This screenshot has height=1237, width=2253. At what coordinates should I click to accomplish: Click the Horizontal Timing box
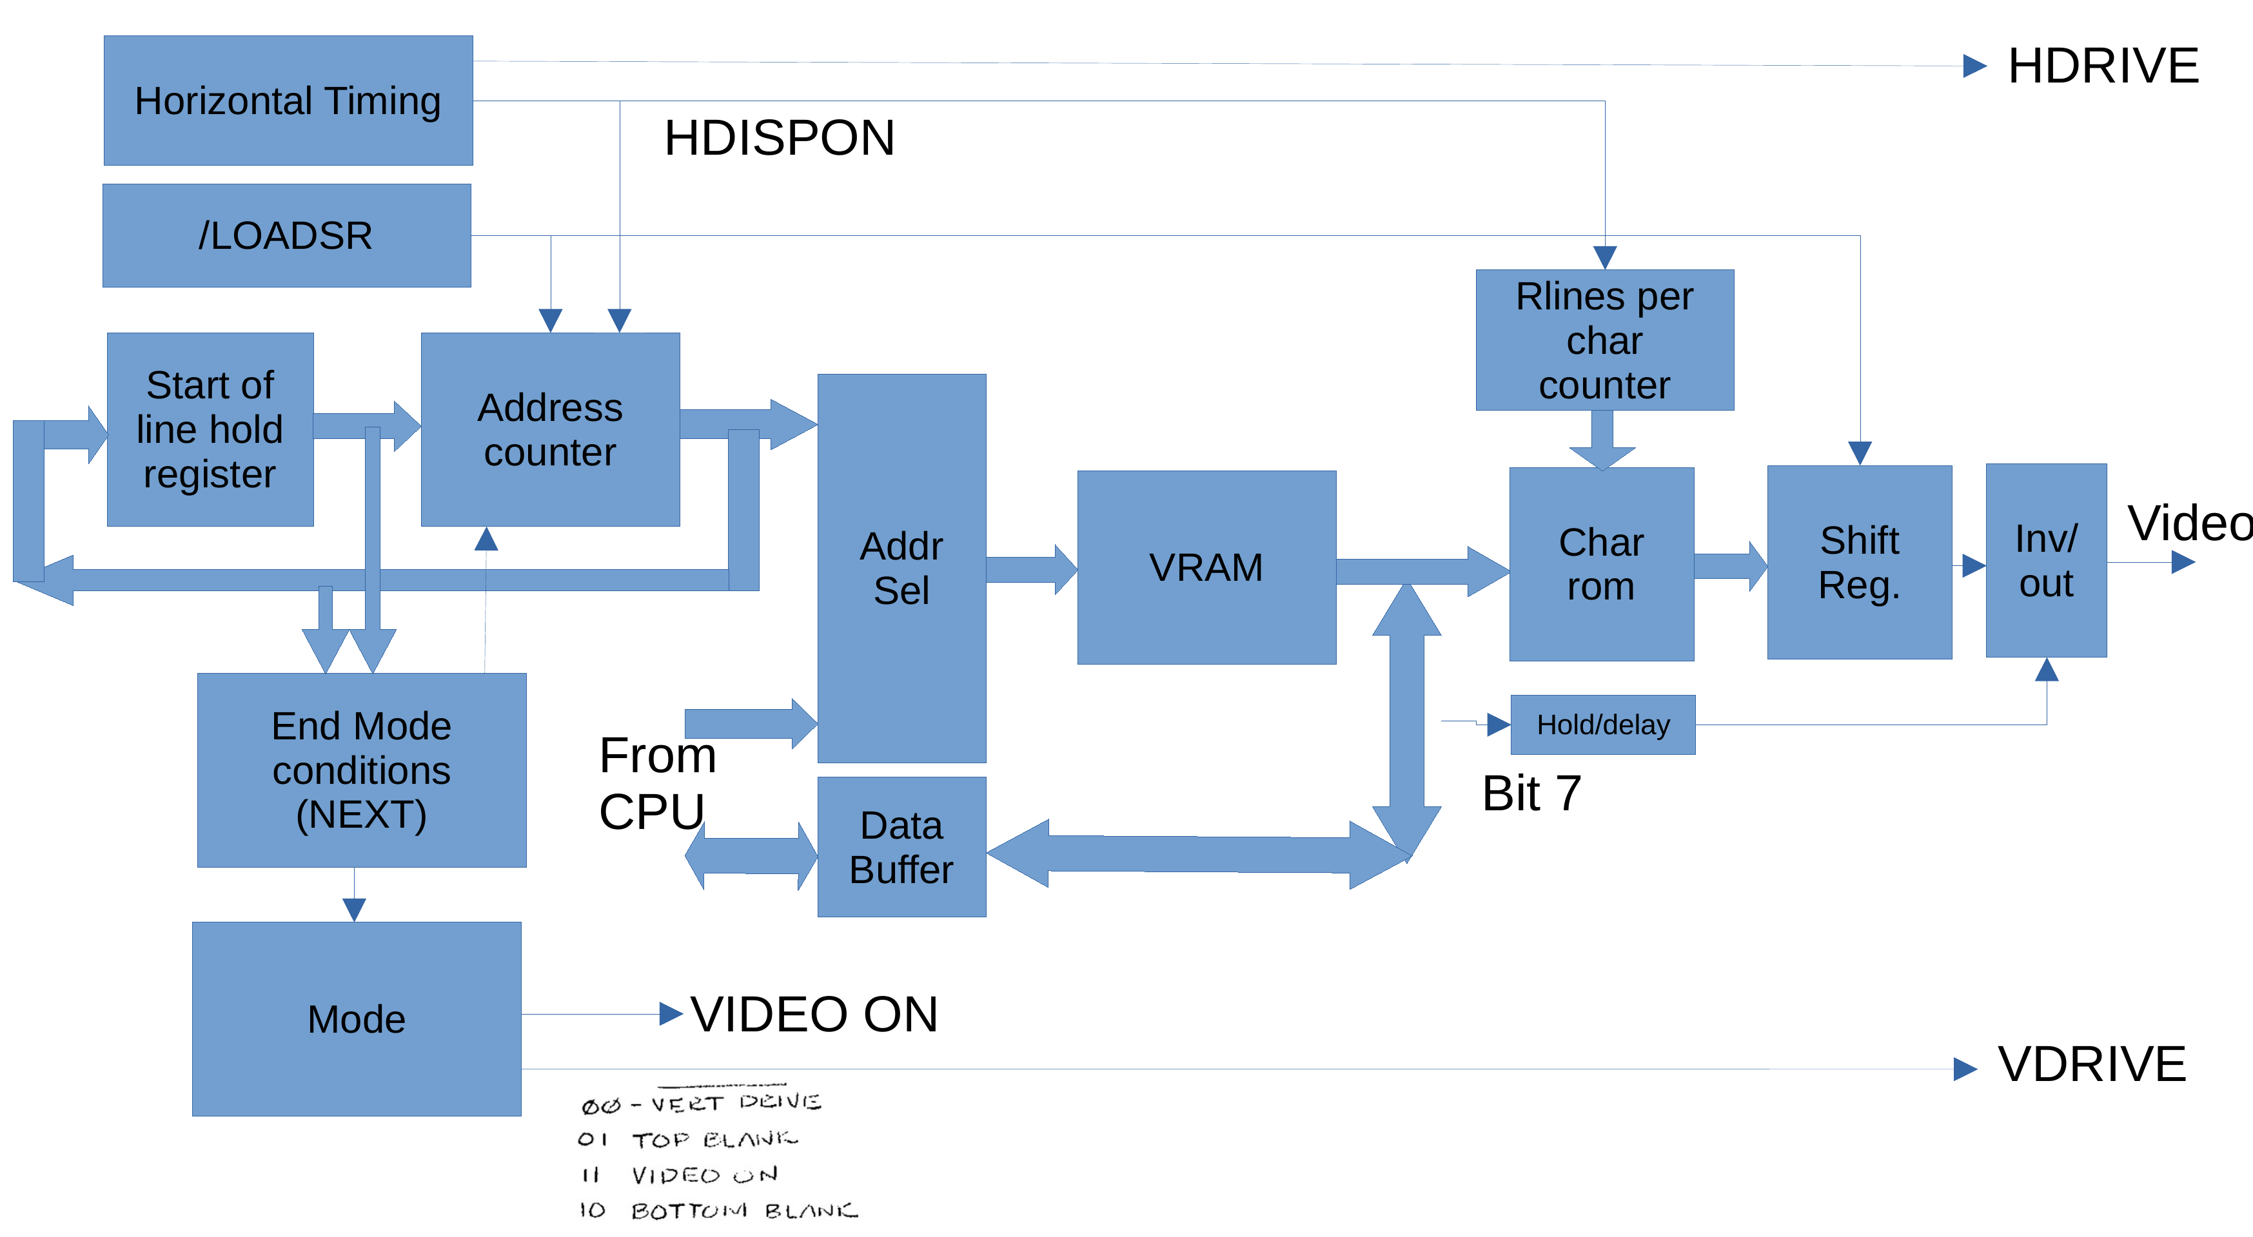tap(288, 101)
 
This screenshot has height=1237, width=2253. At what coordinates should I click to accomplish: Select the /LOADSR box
tap(286, 235)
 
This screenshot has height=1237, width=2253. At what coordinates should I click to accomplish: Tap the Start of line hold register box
tap(210, 429)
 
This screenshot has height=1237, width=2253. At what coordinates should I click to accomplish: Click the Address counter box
tap(550, 429)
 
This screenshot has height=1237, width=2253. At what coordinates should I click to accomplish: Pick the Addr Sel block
tap(901, 569)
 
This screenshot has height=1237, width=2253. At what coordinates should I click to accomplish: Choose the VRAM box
tap(1206, 567)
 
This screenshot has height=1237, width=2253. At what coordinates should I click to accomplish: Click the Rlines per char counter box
tap(1604, 340)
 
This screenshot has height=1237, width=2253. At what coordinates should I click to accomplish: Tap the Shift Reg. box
tap(1860, 562)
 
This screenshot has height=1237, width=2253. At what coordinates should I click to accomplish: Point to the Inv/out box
tap(2046, 560)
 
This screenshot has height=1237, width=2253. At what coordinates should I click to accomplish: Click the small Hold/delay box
tap(1602, 725)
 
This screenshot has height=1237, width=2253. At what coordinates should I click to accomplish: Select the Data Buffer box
tap(901, 847)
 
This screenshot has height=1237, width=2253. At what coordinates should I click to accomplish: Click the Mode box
tap(356, 1018)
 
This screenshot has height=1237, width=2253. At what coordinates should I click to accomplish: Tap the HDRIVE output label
tap(2103, 66)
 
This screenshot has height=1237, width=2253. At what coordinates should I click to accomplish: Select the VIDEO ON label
tap(813, 1014)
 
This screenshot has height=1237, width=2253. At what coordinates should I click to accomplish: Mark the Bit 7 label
tap(1531, 794)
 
